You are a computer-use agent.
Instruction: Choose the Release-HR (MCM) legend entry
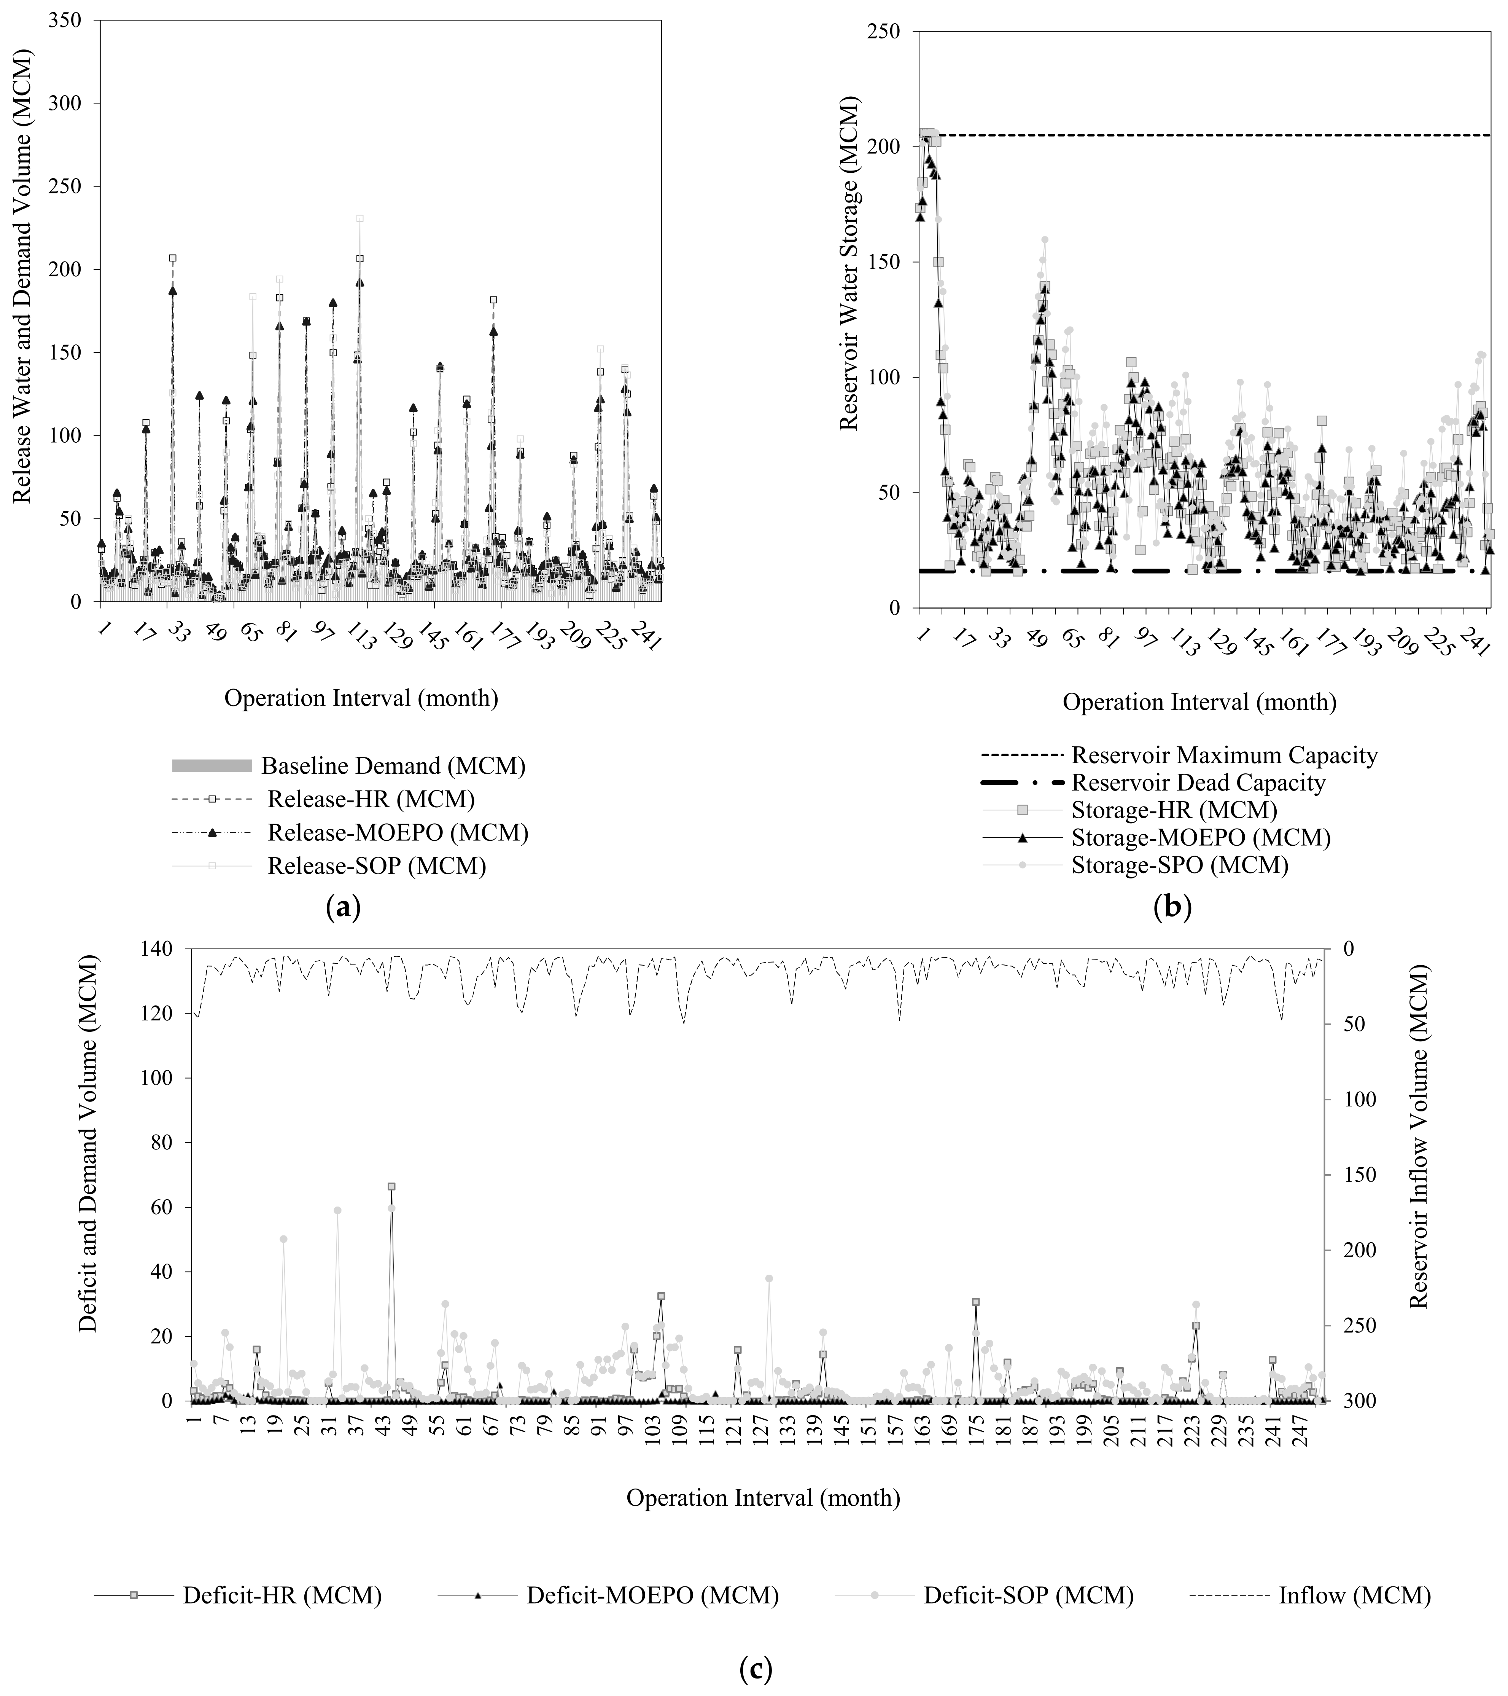click(x=371, y=799)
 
